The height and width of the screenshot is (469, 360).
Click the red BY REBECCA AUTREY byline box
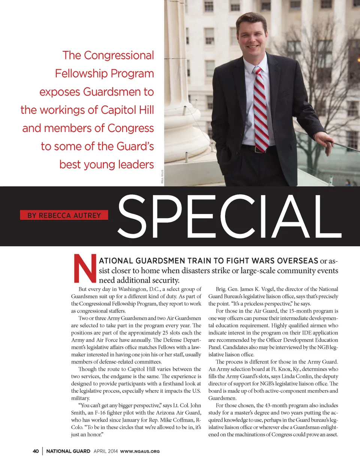(64, 215)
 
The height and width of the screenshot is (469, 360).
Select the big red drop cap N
(85, 268)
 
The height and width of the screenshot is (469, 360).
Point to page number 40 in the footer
(36, 451)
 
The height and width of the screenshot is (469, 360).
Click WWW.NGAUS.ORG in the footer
(140, 451)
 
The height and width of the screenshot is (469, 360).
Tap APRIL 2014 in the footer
(105, 451)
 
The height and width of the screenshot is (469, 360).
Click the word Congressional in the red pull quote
(118, 55)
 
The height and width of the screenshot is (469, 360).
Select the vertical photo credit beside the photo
(162, 177)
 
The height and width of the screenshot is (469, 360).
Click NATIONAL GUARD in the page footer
(68, 451)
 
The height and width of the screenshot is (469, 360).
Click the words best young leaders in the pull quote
(106, 165)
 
